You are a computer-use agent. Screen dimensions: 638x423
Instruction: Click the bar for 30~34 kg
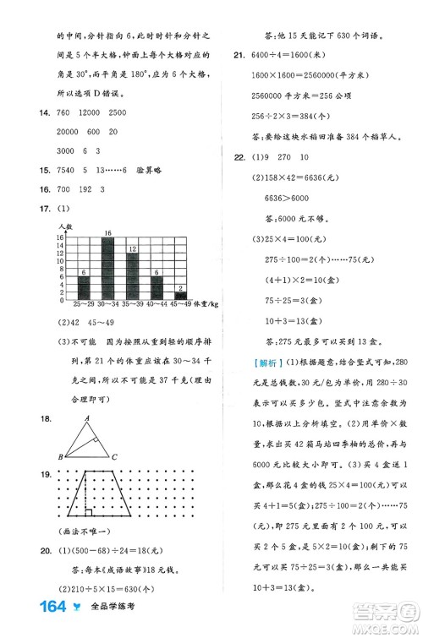tap(107, 266)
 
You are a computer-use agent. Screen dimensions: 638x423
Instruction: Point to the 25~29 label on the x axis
tap(83, 303)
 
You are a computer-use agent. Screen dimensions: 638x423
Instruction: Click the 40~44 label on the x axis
tap(157, 303)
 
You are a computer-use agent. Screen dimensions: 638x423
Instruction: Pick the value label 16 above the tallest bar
tap(107, 232)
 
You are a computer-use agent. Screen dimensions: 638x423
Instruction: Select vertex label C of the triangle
tap(113, 457)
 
